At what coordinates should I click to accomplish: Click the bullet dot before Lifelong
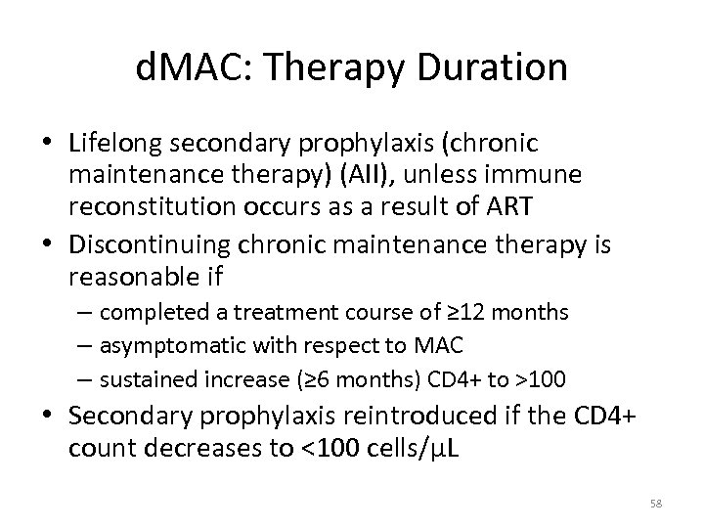point(49,144)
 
